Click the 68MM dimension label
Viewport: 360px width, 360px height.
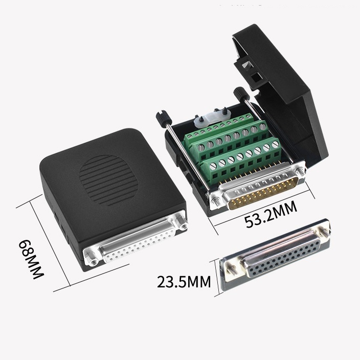point(31,259)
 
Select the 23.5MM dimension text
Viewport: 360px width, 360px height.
point(184,282)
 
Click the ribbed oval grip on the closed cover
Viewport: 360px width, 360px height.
point(108,181)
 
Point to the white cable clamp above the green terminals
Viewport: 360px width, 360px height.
point(209,120)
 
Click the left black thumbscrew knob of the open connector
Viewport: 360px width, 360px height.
point(164,118)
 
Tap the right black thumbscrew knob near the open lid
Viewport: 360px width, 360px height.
point(241,94)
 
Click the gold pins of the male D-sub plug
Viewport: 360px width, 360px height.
point(264,193)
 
